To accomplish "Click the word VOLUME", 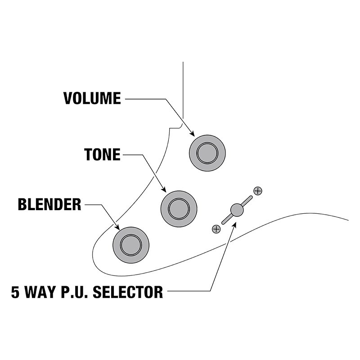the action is click(92, 99).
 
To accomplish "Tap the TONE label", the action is click(103, 154).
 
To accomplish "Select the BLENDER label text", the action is click(49, 204).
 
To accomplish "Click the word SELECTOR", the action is click(128, 292).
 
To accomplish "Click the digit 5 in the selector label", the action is click(15, 292).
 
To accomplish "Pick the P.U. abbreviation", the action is click(75, 292).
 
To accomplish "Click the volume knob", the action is click(207, 153).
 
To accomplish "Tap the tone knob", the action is click(179, 209).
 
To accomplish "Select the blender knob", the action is click(131, 245).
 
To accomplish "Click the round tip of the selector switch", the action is click(237, 210).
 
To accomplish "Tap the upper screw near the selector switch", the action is click(258, 191).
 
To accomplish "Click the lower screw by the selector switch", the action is click(216, 229).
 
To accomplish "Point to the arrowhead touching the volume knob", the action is click(192, 134).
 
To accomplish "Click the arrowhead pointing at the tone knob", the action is click(163, 189).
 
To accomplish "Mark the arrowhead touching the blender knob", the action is click(117, 227).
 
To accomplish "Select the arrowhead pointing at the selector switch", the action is click(234, 225).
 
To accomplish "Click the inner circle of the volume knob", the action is click(207, 153).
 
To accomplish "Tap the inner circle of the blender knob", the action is click(131, 245).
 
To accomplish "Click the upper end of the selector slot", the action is click(251, 197).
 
